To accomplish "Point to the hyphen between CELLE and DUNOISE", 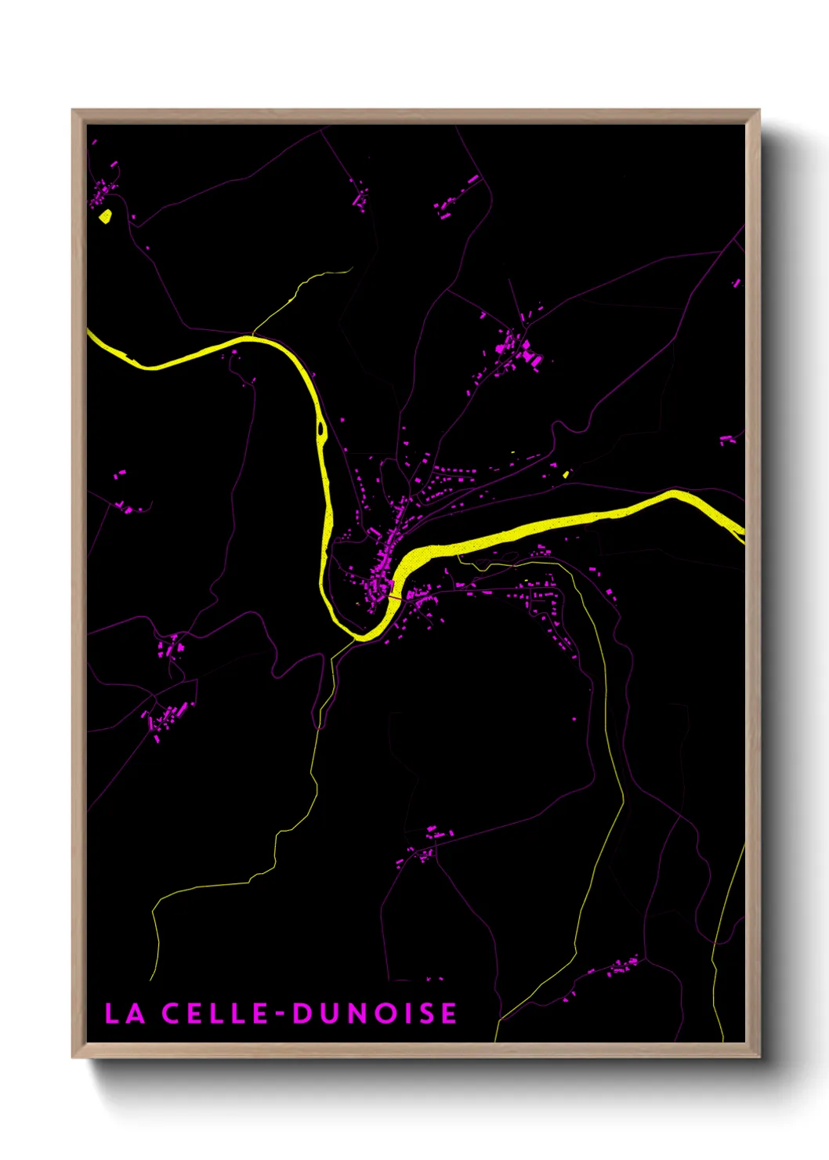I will [x=280, y=1014].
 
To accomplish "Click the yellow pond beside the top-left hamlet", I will [x=105, y=216].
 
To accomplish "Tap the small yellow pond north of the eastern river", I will [x=565, y=473].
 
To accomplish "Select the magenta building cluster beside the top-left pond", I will [x=103, y=190].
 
